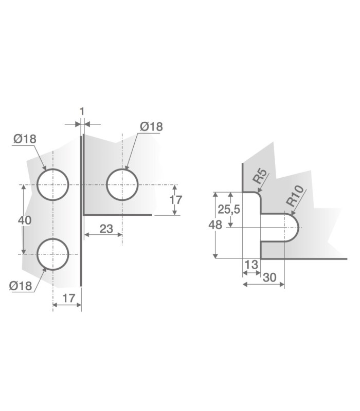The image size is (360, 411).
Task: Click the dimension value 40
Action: click(25, 220)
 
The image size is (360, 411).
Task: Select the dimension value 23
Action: click(106, 229)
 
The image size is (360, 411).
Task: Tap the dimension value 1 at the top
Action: click(82, 111)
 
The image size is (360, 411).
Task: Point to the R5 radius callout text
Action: click(260, 176)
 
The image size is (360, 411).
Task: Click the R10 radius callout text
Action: click(295, 196)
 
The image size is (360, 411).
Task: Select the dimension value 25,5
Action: click(229, 210)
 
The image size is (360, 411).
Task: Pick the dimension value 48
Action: click(215, 225)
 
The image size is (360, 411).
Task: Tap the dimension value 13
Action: click(251, 265)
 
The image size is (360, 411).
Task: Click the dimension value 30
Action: click(269, 277)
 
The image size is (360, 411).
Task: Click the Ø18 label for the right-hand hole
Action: click(151, 126)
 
